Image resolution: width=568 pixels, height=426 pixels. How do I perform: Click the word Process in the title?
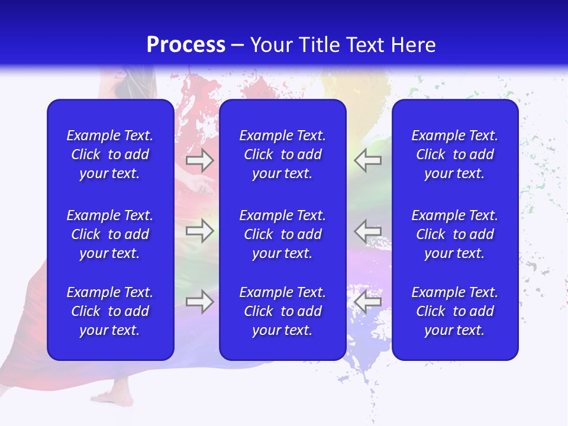(x=186, y=45)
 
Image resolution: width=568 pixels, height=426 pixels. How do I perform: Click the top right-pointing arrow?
(x=199, y=160)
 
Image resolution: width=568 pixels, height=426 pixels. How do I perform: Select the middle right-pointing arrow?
(x=199, y=230)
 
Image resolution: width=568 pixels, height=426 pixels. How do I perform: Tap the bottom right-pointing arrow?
(x=199, y=301)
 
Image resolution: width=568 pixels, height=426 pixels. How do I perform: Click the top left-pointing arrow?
(x=367, y=160)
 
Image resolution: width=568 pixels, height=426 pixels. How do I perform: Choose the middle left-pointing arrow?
(x=367, y=230)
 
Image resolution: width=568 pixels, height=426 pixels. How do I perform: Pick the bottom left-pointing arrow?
(x=367, y=301)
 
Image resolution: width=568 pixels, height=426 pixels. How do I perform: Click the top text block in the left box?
(x=110, y=154)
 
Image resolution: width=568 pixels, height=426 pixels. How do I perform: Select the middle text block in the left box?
(x=110, y=234)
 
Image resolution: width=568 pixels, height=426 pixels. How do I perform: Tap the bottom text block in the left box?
(x=110, y=311)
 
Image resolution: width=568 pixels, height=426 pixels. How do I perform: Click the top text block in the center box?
(x=282, y=154)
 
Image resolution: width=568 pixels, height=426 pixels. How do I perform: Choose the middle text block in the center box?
(x=282, y=234)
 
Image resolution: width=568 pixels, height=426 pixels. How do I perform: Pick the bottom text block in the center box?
(x=282, y=311)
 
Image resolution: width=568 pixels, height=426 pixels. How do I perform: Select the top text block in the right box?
(x=455, y=154)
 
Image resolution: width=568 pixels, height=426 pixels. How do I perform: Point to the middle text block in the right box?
(x=455, y=234)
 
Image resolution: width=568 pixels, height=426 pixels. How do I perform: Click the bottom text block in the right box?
(x=455, y=311)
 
